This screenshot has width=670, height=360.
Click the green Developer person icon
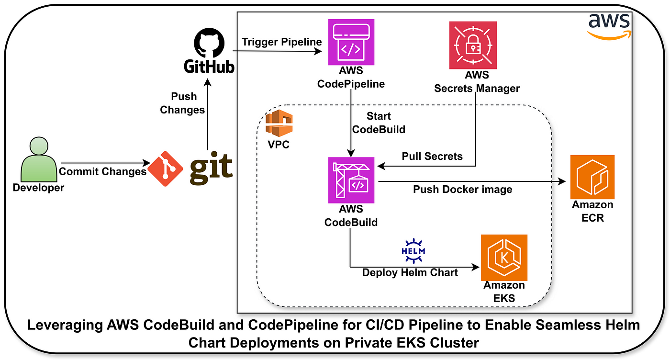(x=39, y=159)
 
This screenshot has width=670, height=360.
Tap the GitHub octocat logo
(x=209, y=43)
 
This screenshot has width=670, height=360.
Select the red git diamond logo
(x=166, y=169)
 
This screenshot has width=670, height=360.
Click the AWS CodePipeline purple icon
(x=351, y=42)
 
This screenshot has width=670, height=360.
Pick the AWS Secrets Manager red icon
(x=473, y=45)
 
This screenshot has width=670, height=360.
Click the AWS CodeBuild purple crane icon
(x=351, y=180)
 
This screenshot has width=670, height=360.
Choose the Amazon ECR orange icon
(x=592, y=177)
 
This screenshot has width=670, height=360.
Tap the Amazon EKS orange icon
(x=504, y=258)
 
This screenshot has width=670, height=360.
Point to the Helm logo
(x=413, y=251)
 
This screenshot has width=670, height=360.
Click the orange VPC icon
(x=279, y=123)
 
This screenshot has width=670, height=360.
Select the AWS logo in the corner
(x=609, y=27)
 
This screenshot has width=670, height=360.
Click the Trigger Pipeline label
(x=282, y=42)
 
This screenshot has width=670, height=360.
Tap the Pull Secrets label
(x=432, y=156)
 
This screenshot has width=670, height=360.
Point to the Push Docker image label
(x=462, y=190)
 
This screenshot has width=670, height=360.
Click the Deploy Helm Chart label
(x=410, y=272)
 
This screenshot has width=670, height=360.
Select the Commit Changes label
(x=102, y=171)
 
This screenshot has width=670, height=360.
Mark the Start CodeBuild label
(x=379, y=123)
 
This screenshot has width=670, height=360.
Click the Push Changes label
(x=182, y=103)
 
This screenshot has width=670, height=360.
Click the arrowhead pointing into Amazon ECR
(x=562, y=181)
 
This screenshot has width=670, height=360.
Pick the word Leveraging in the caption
(x=65, y=325)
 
